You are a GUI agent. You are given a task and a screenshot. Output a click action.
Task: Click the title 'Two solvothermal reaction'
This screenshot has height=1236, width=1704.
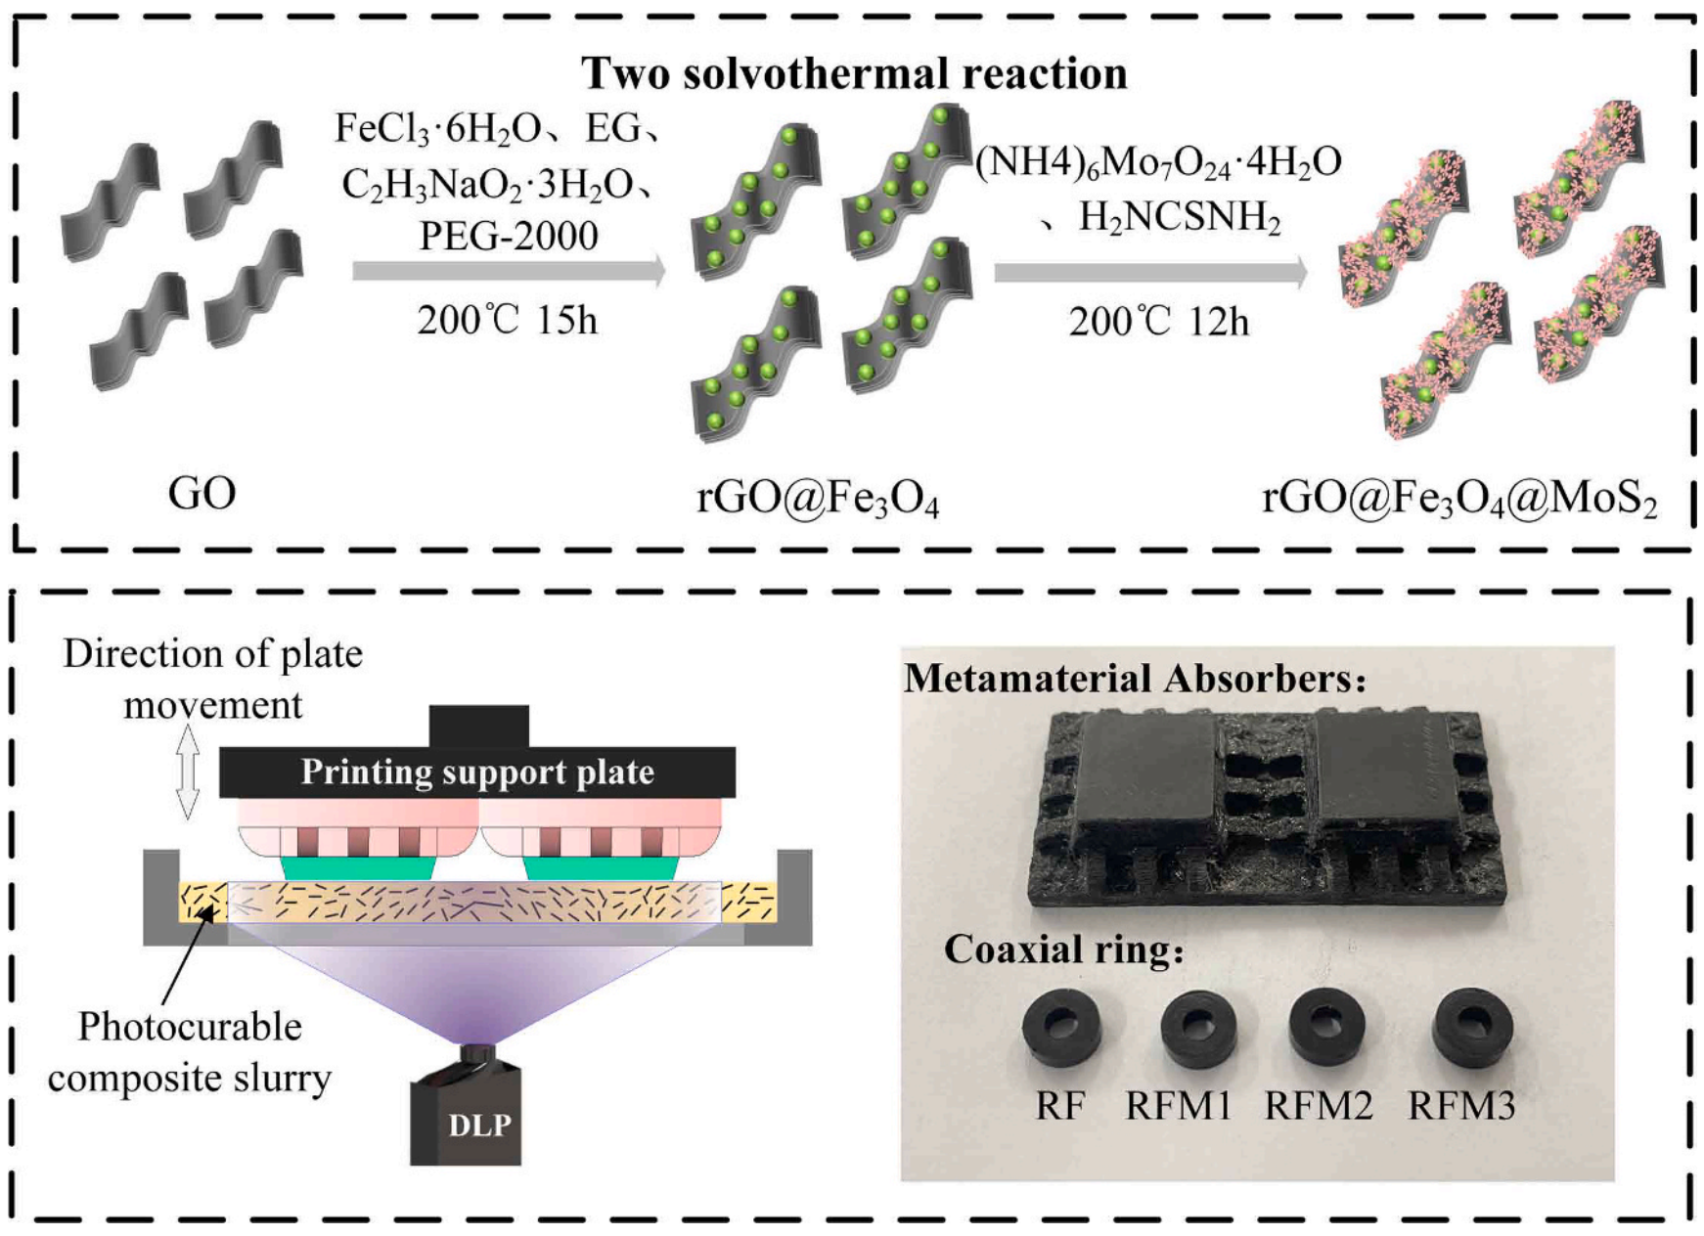pos(854,73)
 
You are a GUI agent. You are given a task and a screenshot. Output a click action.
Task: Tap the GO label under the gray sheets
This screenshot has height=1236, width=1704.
pos(202,493)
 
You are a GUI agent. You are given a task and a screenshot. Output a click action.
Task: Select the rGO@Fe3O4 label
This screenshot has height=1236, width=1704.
pos(817,499)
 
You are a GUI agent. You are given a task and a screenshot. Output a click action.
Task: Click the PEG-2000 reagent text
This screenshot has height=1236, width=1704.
pos(509,236)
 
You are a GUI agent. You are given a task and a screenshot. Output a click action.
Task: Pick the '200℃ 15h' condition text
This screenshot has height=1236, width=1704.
pos(507,321)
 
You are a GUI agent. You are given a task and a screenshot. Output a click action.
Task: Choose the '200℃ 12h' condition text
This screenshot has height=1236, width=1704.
pos(1158,322)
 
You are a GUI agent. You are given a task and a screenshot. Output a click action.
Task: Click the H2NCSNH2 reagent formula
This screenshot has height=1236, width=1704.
pos(1179,217)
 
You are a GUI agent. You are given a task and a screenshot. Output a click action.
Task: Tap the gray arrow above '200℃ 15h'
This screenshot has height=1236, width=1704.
pos(509,271)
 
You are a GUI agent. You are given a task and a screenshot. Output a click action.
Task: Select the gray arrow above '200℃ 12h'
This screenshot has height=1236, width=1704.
pos(1150,272)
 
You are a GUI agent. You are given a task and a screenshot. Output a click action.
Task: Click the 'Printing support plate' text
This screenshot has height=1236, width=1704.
pos(477,772)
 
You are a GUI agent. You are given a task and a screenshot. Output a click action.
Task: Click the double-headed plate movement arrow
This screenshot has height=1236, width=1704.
pos(188,772)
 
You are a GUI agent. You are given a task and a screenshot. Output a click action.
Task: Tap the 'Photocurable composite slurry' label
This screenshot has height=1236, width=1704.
pos(190,1052)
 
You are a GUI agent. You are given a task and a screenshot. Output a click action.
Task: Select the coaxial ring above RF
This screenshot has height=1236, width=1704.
pos(1061,1027)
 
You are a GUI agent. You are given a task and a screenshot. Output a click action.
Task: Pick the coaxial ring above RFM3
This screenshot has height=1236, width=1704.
pos(1472,1028)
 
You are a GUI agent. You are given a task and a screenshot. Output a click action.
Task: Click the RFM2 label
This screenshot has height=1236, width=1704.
pos(1319,1106)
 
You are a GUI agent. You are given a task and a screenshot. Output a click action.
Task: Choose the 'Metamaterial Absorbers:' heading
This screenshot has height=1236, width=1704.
pos(1135,678)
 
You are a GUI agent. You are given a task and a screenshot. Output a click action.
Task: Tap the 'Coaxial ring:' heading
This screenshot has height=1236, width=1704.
pos(1063,949)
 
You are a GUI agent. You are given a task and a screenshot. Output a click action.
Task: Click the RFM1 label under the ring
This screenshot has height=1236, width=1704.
pos(1179,1106)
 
